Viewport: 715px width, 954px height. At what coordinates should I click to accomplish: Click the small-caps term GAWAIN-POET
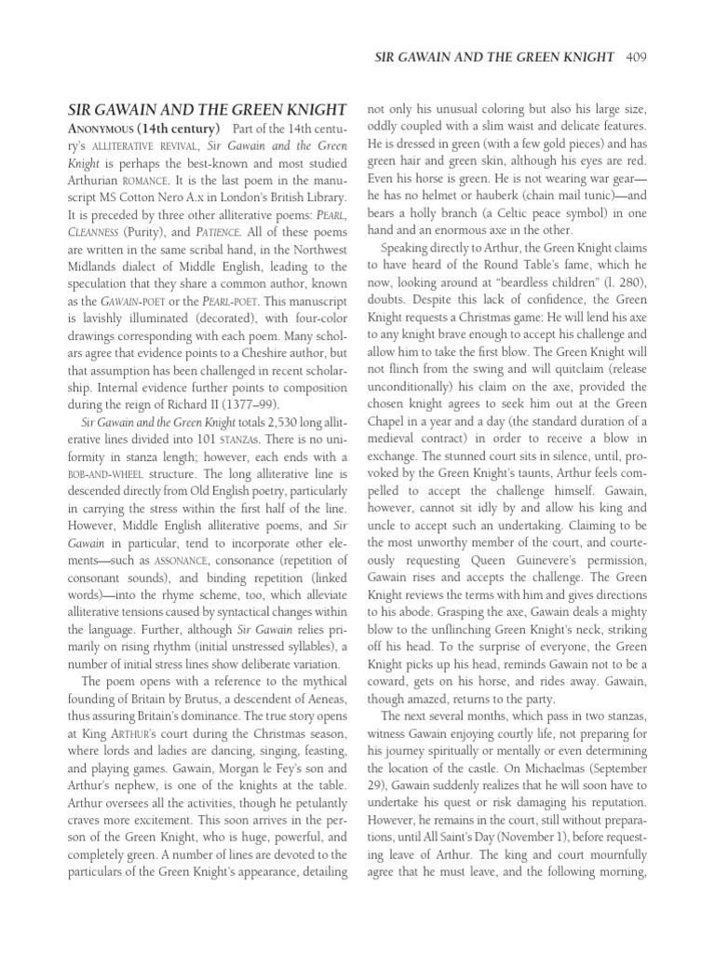coord(109,308)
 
